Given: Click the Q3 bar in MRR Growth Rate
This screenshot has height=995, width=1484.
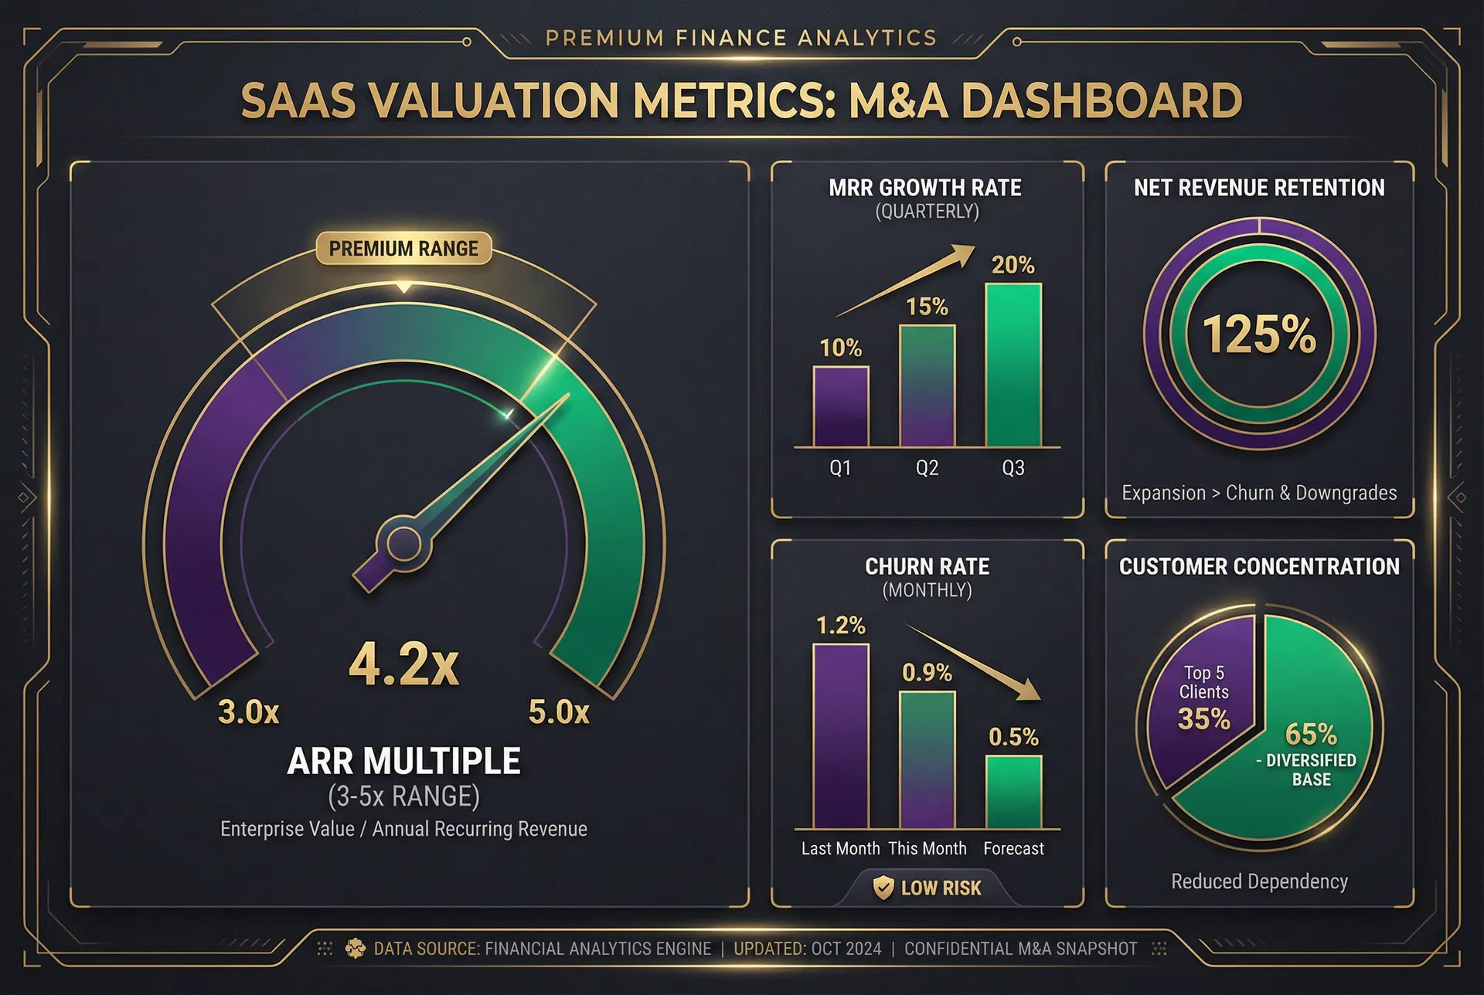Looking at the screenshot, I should [1013, 365].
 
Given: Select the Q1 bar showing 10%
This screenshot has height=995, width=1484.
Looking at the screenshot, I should [841, 406].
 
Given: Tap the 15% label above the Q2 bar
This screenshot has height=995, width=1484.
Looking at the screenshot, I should [927, 307].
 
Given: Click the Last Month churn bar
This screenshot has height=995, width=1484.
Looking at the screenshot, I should [841, 736].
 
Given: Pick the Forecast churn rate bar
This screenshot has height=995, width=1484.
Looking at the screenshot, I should [1013, 792].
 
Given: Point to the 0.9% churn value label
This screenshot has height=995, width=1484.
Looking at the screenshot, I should [927, 673].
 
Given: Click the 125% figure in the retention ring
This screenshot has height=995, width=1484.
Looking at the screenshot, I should [1259, 334].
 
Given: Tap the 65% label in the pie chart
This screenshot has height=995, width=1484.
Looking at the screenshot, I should [1311, 733].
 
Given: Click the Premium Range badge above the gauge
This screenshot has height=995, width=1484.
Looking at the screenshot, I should [403, 249].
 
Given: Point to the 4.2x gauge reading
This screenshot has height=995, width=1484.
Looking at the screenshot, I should [403, 664].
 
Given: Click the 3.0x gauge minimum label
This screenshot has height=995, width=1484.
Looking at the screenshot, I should [248, 712].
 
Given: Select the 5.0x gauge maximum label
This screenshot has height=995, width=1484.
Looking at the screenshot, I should [559, 712].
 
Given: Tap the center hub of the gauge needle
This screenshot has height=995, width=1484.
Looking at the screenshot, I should [403, 544].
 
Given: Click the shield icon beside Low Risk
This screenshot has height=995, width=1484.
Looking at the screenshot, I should [883, 888].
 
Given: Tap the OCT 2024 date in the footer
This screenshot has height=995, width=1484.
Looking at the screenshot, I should [846, 949].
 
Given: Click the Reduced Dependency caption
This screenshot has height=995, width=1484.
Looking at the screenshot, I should [1259, 881].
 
